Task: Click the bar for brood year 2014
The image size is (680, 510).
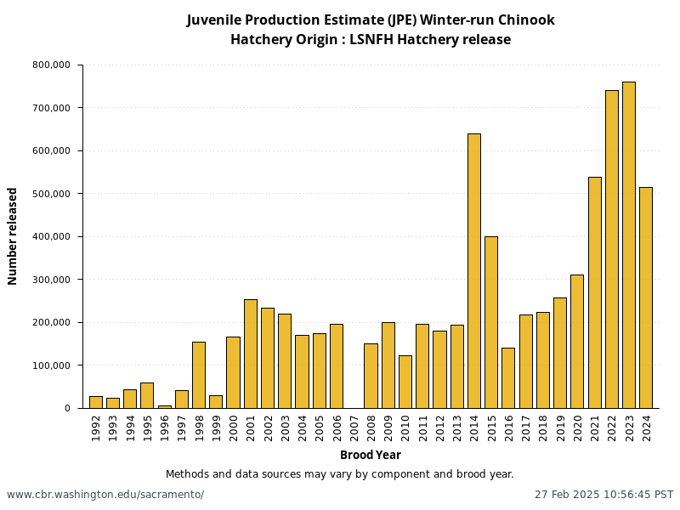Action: [x=473, y=270]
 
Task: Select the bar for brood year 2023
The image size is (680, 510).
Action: [x=628, y=245]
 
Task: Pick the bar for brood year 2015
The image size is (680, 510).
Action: [x=490, y=322]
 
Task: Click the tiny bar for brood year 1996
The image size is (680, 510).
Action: [x=164, y=406]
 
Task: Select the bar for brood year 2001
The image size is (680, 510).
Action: [x=250, y=354]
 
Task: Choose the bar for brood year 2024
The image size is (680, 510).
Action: [x=645, y=297]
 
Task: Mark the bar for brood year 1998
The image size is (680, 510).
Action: [x=198, y=375]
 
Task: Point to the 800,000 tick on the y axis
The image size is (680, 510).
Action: [x=52, y=65]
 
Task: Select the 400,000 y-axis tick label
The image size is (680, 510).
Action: [x=52, y=236]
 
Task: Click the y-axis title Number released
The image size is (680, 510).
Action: [x=13, y=236]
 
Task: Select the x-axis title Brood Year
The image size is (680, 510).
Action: [x=371, y=455]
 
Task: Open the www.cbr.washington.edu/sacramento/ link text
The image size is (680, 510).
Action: [x=105, y=495]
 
